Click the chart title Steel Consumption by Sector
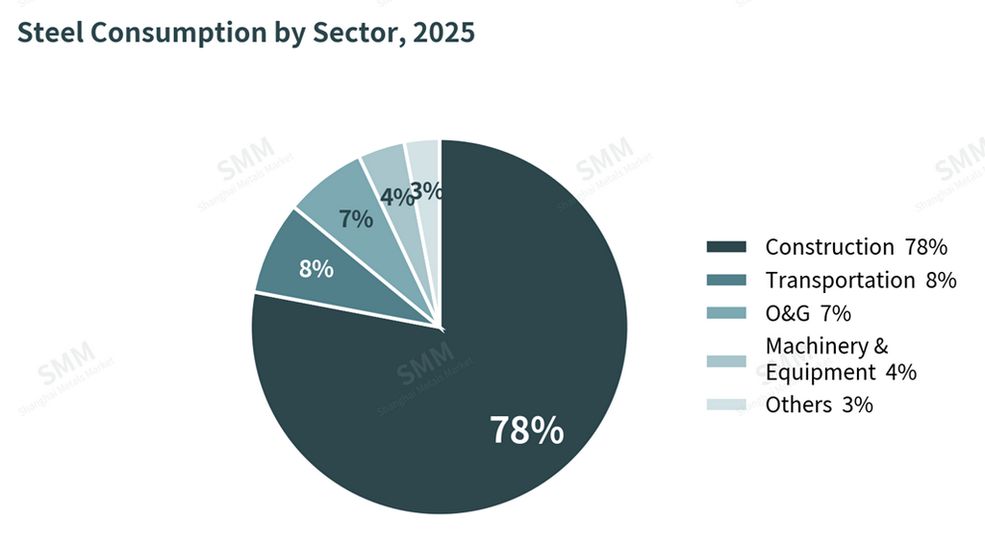(x=245, y=33)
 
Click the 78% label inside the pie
(x=526, y=430)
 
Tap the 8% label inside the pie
(x=316, y=269)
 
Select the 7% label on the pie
(x=356, y=219)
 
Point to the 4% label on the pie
(x=397, y=197)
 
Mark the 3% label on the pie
(x=426, y=191)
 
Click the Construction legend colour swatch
(x=726, y=247)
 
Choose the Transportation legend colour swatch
(x=726, y=280)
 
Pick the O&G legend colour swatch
(x=726, y=312)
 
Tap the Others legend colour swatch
(x=726, y=405)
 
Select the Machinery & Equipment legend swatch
(x=726, y=361)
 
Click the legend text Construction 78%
(x=856, y=247)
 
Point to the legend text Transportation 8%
(x=861, y=281)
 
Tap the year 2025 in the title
(x=443, y=33)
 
